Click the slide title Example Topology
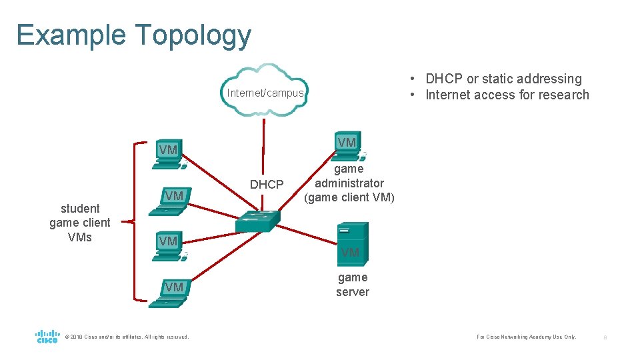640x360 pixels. (134, 35)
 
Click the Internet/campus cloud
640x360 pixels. (266, 91)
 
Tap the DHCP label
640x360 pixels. (266, 185)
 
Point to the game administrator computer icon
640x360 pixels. (347, 146)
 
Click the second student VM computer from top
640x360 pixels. (171, 201)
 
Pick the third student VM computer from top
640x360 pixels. (169, 246)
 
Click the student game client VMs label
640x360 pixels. (79, 223)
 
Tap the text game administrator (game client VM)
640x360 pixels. (349, 183)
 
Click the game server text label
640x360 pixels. (352, 285)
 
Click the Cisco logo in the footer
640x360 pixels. (47, 336)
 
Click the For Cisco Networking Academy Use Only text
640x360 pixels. (526, 337)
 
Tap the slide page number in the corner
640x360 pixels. (605, 337)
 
